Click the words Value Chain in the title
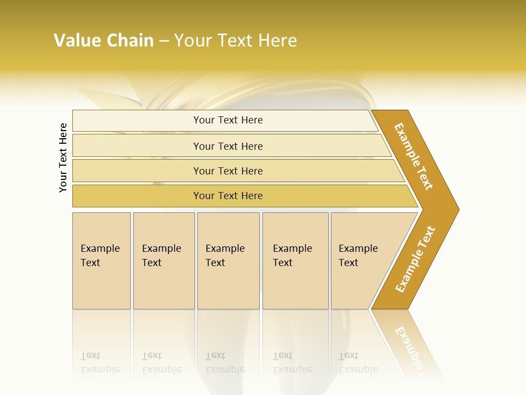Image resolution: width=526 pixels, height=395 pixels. click(x=104, y=41)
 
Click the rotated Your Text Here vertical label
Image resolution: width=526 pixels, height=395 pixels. click(x=64, y=158)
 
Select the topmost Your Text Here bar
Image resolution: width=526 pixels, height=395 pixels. click(x=228, y=120)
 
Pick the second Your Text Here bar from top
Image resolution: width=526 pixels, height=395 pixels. click(x=228, y=146)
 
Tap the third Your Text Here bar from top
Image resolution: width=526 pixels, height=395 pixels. click(x=228, y=171)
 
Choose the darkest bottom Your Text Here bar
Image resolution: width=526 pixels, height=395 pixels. click(x=228, y=196)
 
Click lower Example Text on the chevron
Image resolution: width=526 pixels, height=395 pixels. click(x=415, y=259)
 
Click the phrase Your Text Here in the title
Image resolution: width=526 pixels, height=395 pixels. click(x=236, y=41)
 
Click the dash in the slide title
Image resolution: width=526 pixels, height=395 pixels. click(x=164, y=41)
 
